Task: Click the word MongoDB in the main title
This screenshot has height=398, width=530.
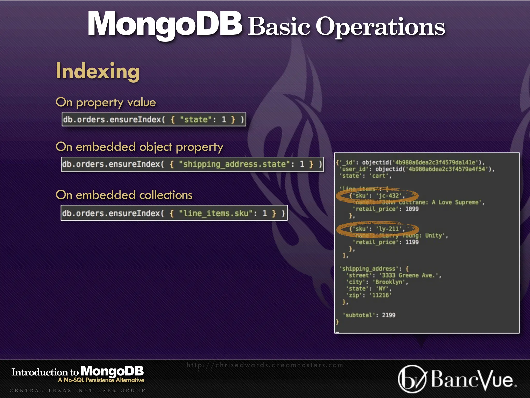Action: tap(165, 24)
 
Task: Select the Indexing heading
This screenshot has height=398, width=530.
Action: tap(98, 71)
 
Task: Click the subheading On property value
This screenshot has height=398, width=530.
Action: tap(106, 102)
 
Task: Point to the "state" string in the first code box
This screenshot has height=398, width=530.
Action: tap(194, 120)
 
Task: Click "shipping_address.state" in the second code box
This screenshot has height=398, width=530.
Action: tap(232, 164)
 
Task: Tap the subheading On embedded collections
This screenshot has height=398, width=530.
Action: tap(124, 195)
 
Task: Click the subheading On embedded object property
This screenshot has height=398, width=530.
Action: tap(139, 147)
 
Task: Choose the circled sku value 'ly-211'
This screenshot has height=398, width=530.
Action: tap(389, 229)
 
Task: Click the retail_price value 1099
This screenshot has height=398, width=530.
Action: tap(412, 209)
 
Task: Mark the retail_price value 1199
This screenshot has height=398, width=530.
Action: tap(412, 242)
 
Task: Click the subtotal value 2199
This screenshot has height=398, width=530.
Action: tap(389, 315)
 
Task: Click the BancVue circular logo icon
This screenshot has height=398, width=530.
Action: tap(412, 379)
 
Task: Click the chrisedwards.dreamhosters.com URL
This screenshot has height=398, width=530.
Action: tap(265, 365)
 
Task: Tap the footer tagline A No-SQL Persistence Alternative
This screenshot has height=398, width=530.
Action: tap(101, 380)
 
